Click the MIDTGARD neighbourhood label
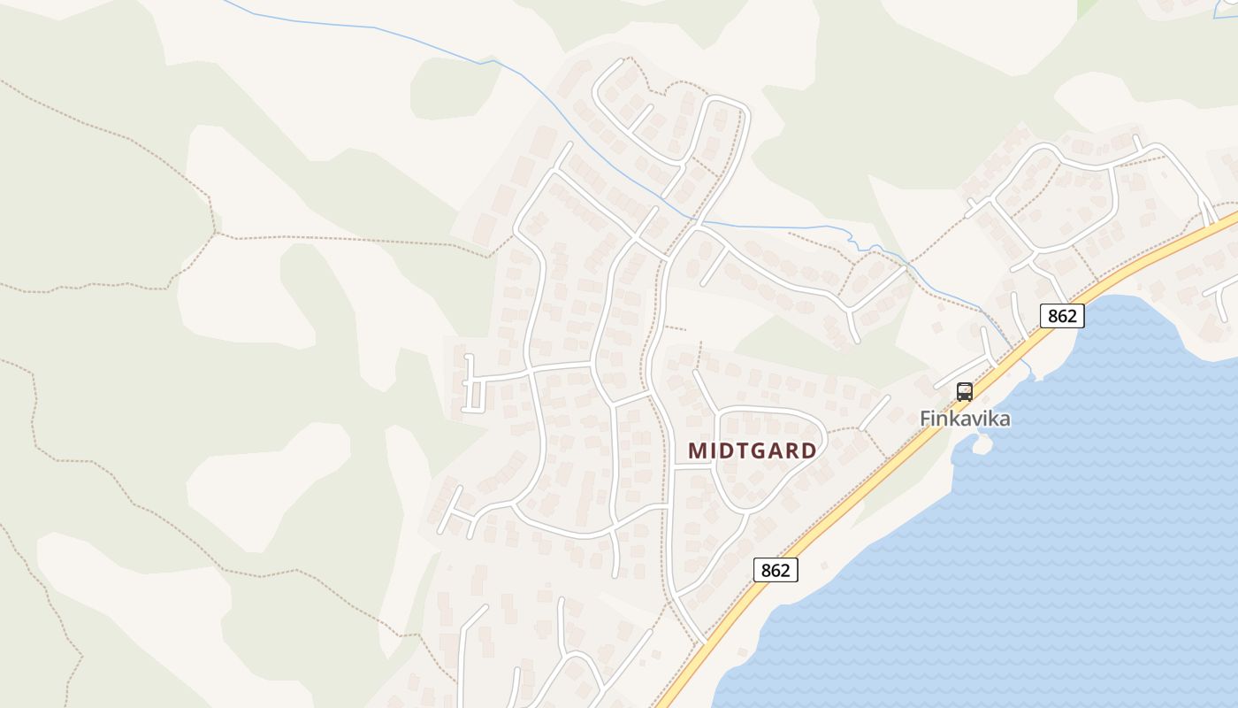point(753,450)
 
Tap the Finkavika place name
point(965,418)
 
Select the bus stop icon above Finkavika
point(965,391)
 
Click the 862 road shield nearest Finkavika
point(1062,316)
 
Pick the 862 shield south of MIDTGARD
point(776,570)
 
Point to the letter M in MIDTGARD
point(697,450)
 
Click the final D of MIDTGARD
point(808,450)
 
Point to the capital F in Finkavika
point(926,418)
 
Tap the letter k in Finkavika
point(954,418)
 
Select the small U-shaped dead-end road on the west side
point(471,386)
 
